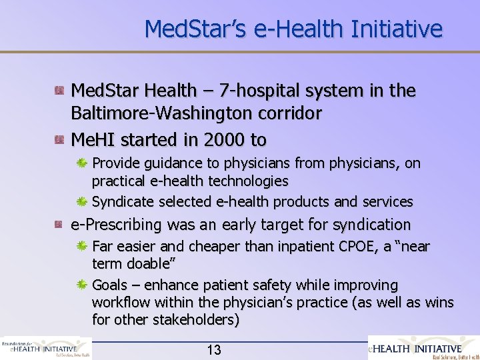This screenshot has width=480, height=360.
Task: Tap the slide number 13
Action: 214,350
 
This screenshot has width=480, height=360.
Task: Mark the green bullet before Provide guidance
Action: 83,163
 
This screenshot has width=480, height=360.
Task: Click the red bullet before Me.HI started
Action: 60,139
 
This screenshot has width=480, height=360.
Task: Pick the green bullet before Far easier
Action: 83,247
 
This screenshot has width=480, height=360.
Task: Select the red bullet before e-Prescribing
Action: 60,225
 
